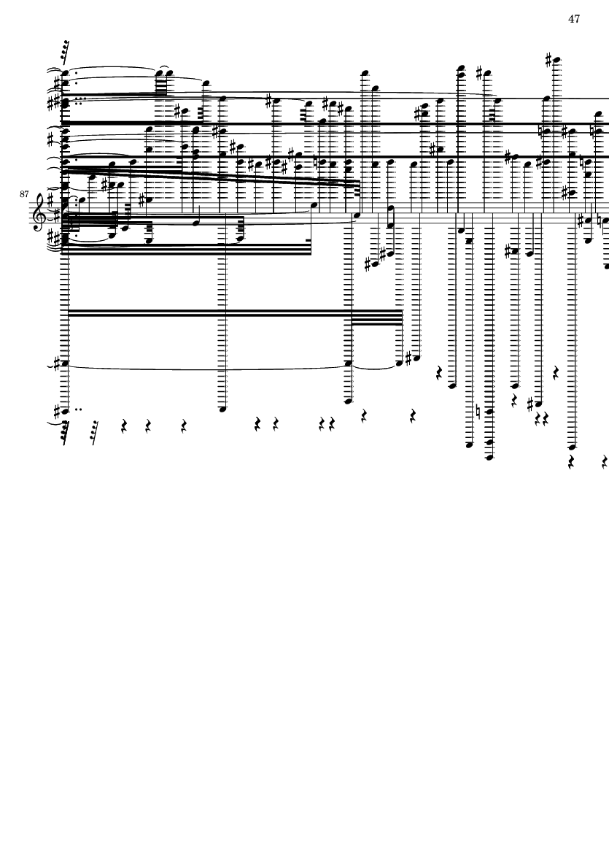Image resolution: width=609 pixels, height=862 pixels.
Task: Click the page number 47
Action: tap(574, 19)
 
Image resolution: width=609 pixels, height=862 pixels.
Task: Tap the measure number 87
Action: tap(23, 194)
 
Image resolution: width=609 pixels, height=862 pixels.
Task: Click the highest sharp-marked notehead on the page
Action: tap(556, 60)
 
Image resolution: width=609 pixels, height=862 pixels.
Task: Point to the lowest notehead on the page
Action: tap(489, 456)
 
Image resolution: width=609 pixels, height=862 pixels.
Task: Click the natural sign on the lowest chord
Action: tap(478, 411)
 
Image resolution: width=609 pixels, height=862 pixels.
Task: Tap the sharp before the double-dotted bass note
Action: tap(57, 410)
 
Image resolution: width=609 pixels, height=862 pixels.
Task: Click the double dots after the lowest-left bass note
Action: tap(79, 409)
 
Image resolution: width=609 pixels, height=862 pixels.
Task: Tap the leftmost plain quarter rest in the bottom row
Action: tap(123, 426)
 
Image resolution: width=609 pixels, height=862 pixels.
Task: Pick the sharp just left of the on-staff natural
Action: tap(581, 220)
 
